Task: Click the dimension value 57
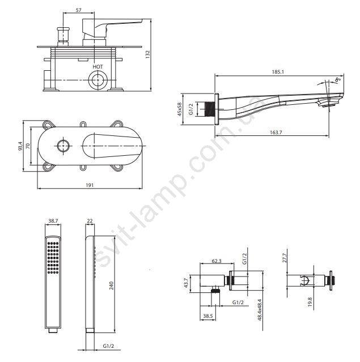(x=79, y=10)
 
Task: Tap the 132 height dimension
(x=147, y=54)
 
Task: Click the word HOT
(x=98, y=67)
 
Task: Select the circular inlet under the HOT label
(x=98, y=80)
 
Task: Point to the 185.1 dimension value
(x=278, y=72)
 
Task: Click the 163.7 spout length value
(x=276, y=133)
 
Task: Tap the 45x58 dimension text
(x=180, y=109)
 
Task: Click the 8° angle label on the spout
(x=338, y=79)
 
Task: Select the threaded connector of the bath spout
(x=210, y=109)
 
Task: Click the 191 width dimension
(x=90, y=185)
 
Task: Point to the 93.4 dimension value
(x=20, y=146)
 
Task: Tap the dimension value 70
(x=28, y=146)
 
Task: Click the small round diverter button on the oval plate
(x=63, y=146)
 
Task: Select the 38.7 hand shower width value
(x=53, y=221)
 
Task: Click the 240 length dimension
(x=111, y=286)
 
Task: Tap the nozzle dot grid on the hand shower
(x=53, y=258)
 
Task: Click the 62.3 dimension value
(x=217, y=261)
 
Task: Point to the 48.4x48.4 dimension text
(x=260, y=310)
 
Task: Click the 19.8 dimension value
(x=310, y=302)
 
